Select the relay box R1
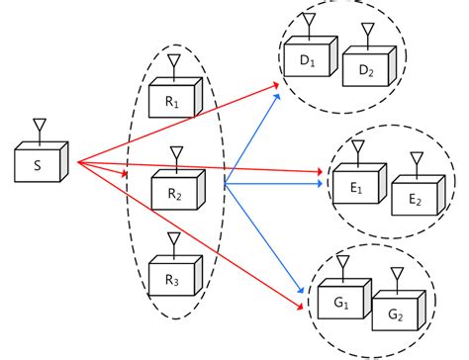[172, 100]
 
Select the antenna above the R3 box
[173, 240]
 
